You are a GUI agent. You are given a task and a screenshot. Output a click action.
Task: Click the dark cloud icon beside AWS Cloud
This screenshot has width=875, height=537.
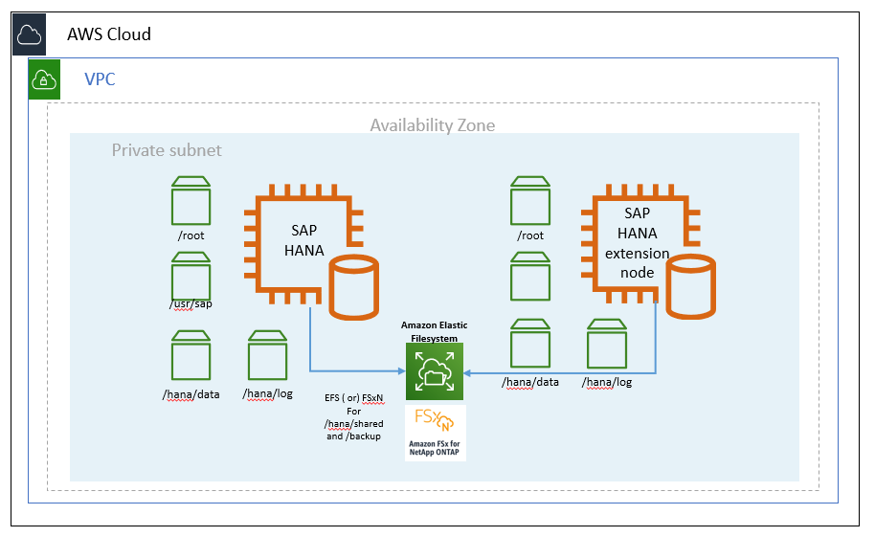29,34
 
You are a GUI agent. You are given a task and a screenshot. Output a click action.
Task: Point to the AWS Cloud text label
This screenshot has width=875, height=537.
109,34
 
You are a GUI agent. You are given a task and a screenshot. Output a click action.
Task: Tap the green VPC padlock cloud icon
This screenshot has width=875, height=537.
45,79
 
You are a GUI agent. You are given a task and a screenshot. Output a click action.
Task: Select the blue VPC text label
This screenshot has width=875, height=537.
100,79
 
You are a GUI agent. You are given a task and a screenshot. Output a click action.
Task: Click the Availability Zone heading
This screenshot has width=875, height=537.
433,125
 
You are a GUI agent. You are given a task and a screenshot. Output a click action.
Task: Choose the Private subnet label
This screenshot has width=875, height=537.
167,150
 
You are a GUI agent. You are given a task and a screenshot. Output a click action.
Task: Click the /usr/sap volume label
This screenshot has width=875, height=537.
190,304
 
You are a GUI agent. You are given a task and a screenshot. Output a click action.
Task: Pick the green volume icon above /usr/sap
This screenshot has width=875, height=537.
191,277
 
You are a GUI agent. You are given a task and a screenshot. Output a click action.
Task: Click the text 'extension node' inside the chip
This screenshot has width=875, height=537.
637,262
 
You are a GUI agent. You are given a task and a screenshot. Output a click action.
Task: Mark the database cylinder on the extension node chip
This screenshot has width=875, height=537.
691,285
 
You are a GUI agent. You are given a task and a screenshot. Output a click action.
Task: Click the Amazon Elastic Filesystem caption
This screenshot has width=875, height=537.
434,331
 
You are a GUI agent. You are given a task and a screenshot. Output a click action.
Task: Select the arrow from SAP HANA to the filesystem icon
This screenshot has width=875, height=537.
345,369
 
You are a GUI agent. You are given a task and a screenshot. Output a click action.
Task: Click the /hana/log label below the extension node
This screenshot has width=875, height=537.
607,383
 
